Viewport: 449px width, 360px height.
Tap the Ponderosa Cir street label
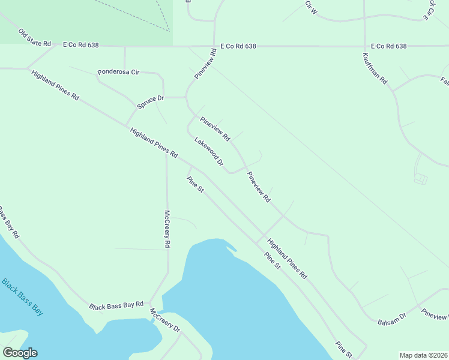point(118,72)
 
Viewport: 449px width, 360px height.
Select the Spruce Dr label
point(150,102)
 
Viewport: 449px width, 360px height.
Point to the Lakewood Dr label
point(208,151)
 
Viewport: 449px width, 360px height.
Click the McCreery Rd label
point(168,229)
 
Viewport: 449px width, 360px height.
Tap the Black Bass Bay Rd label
point(116,305)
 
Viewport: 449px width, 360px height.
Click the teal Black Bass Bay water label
point(22,296)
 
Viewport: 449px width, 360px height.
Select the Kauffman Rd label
point(375,68)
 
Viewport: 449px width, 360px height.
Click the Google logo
point(20,353)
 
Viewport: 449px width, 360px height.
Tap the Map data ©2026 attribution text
point(424,355)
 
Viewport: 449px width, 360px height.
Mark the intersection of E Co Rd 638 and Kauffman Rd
point(364,46)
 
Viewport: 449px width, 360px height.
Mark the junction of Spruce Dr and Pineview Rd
point(186,96)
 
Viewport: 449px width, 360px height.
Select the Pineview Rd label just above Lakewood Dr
point(215,128)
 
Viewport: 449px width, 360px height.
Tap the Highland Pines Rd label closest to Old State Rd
point(55,86)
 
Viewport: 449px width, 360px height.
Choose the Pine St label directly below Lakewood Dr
point(196,184)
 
